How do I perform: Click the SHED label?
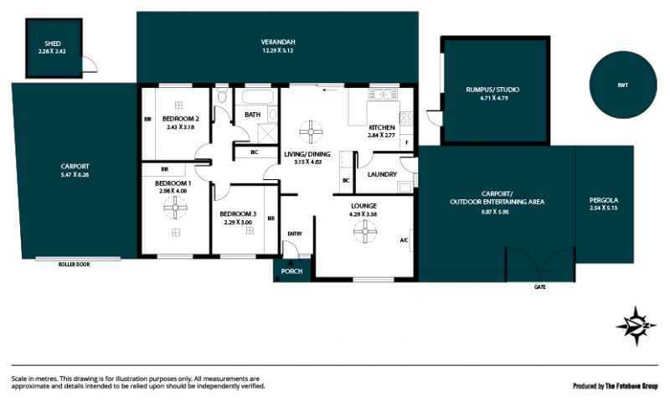point(53,44)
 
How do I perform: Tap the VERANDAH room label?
point(278,42)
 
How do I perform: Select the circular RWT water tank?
point(622,85)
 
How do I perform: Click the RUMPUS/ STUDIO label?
point(492,90)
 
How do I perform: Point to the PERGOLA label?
point(604,200)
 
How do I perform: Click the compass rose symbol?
point(636,326)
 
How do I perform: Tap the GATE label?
point(539,287)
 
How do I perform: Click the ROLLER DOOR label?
point(74,265)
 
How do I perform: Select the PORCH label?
point(291,271)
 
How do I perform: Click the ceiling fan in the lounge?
point(365,231)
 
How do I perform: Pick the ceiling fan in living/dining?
point(311,131)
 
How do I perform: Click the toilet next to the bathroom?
point(222,95)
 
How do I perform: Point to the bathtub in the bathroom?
point(257,96)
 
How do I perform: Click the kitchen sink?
point(384,95)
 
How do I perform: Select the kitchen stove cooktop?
point(406,118)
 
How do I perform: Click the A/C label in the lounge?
point(404,240)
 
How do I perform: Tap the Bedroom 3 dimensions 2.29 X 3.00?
point(238,222)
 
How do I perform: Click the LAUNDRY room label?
point(382,174)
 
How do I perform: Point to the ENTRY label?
point(295,234)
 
